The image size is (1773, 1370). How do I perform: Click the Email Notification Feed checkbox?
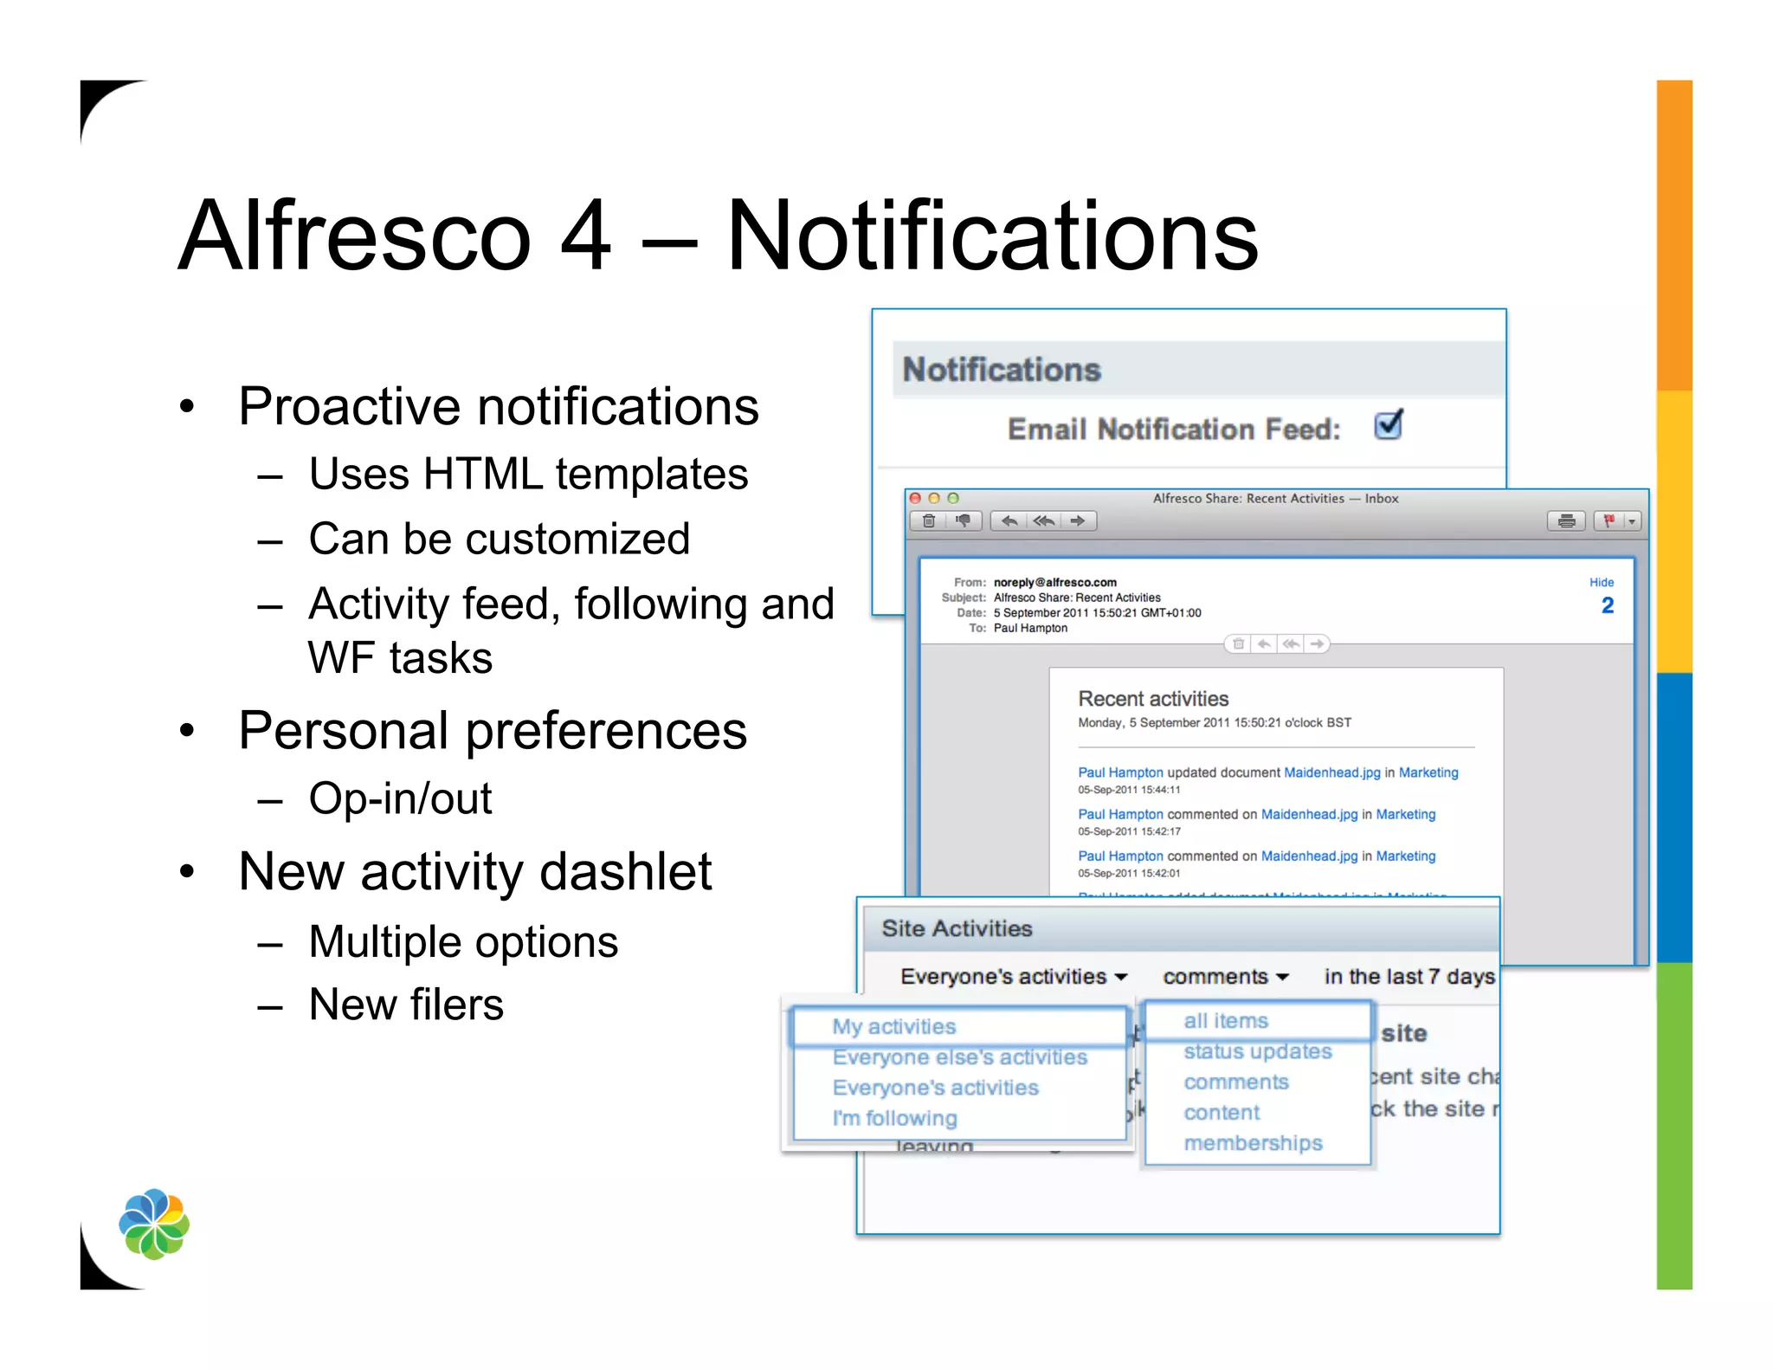coord(1388,425)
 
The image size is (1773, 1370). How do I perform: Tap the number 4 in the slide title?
coord(585,236)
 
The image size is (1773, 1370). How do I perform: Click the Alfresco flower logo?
coord(154,1224)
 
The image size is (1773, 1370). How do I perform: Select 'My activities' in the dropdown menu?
coord(893,1026)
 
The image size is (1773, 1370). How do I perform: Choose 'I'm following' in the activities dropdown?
coord(894,1118)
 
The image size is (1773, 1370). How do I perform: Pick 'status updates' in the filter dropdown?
coord(1257,1051)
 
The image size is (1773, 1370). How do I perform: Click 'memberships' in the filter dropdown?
coord(1253,1143)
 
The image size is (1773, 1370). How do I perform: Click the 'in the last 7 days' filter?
coord(1409,977)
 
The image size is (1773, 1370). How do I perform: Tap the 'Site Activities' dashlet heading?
coord(957,928)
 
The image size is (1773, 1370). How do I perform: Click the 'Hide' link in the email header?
coord(1601,582)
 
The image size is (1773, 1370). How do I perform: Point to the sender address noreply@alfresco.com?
coord(1054,582)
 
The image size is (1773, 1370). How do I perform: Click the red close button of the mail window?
coord(915,498)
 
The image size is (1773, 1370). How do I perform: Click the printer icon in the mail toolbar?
coord(1565,520)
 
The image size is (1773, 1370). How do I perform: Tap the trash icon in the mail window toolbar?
coord(929,520)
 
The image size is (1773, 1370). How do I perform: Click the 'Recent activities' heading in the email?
coord(1152,699)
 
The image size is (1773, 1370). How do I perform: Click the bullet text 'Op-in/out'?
coord(400,798)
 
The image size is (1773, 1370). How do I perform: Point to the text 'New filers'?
coord(406,1005)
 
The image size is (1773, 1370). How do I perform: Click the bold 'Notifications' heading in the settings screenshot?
coord(1001,370)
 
